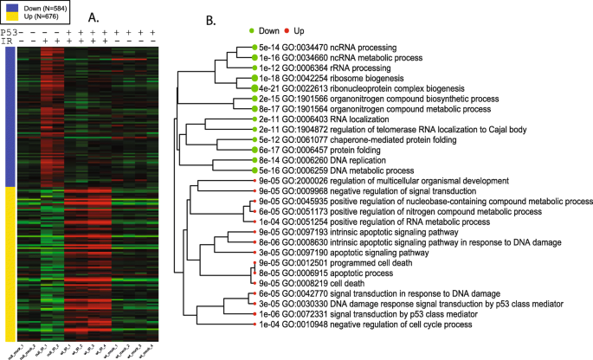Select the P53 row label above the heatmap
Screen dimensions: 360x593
[8, 31]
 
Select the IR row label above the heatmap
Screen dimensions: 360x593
[7, 41]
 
